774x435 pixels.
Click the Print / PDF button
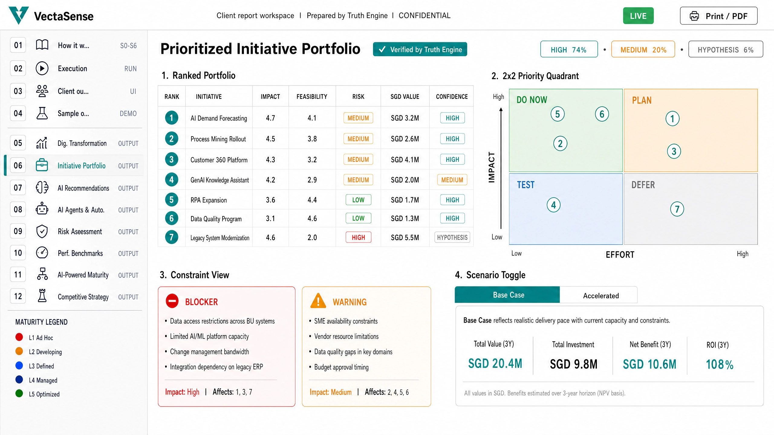coord(718,16)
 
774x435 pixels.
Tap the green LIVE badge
coord(638,16)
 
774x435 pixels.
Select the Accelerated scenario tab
coord(601,295)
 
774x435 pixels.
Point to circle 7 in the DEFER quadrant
coord(677,209)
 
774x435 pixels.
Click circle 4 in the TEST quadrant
coord(554,205)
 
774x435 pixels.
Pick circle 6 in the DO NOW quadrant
coord(602,114)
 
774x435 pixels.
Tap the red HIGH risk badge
coord(358,237)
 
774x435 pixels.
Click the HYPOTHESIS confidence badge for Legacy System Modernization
coord(452,237)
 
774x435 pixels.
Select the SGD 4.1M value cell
coord(405,159)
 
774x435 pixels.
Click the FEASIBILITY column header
coord(312,97)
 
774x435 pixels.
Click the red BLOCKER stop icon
coord(172,301)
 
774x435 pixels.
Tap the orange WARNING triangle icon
coord(318,301)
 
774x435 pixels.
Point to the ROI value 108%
coord(720,364)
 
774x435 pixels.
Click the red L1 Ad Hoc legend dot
coord(19,337)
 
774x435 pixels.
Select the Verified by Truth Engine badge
coord(420,49)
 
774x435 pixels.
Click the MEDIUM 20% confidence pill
coord(643,49)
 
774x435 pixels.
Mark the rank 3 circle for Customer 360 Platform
coord(171,159)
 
